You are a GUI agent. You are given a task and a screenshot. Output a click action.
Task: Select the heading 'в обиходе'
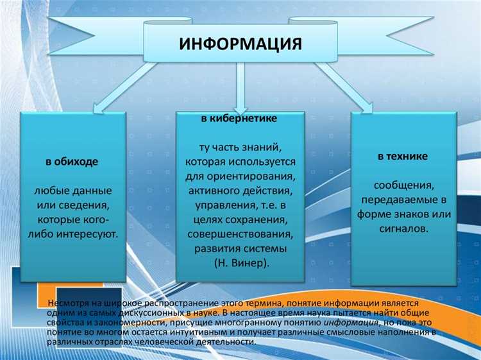coord(72,162)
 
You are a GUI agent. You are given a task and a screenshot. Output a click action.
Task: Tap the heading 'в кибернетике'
coord(240,120)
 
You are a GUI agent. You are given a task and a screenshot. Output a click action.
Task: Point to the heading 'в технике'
coord(402,156)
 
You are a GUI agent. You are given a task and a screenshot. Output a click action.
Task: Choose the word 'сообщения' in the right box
coord(402,185)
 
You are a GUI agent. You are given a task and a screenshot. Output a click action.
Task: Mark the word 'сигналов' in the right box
coord(402,228)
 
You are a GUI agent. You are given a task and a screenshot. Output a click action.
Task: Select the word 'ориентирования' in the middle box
coord(256,176)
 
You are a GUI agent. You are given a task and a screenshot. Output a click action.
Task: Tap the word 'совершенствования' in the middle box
coord(240,234)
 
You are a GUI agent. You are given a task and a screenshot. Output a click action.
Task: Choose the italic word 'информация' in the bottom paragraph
coord(346,322)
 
